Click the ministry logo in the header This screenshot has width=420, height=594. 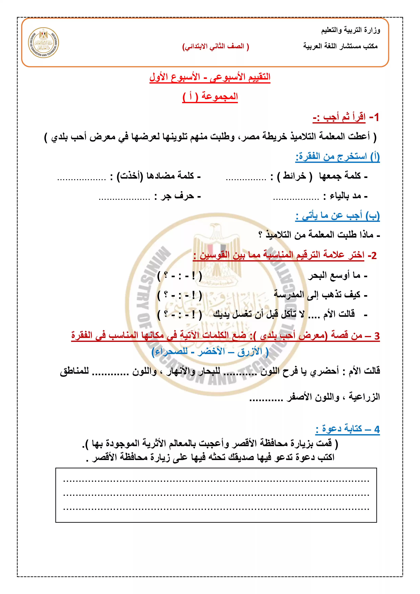tap(44, 43)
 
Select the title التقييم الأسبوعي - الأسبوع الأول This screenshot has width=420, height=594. tap(210, 77)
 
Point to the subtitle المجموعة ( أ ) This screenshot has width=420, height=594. tap(210, 97)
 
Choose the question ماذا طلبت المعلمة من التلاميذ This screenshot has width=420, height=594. tap(318, 235)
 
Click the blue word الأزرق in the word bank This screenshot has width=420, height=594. tap(250, 352)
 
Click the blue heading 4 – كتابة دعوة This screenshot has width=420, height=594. tap(347, 429)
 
